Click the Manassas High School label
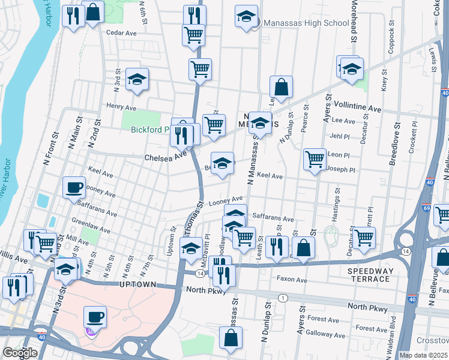(305, 23)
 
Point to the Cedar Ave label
(121, 33)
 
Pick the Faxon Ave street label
(293, 279)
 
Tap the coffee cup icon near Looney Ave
(74, 187)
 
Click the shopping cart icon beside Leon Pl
(315, 159)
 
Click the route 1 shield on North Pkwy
(282, 298)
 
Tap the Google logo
(20, 352)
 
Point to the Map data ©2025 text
(423, 355)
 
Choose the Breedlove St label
(397, 144)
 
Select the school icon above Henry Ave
(137, 80)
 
